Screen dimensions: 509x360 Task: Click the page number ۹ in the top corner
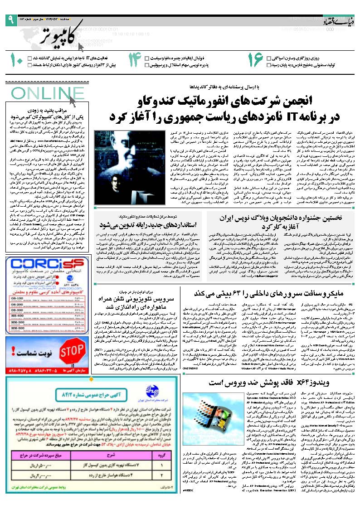pyautogui.click(x=10, y=19)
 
